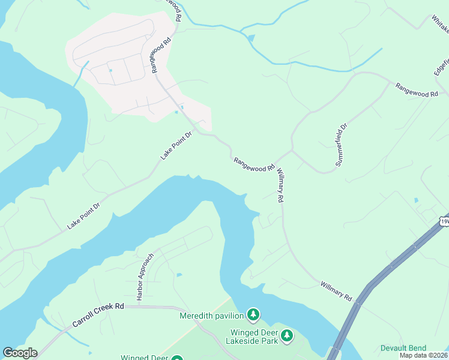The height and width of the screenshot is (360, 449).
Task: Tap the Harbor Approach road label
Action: point(145,277)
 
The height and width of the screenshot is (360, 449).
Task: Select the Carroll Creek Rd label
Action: point(98,314)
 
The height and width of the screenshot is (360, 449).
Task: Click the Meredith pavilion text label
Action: point(212,316)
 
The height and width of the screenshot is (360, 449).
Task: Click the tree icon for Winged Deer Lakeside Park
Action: point(288,335)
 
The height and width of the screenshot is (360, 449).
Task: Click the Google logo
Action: point(20,353)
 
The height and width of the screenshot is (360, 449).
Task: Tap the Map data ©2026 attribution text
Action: point(423,355)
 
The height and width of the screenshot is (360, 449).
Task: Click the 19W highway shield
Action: point(444,221)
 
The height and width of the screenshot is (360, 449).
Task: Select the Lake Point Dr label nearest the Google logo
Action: point(83,215)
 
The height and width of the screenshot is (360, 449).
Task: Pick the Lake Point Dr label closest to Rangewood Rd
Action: point(175,146)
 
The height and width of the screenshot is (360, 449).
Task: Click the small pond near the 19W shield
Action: point(415,200)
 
